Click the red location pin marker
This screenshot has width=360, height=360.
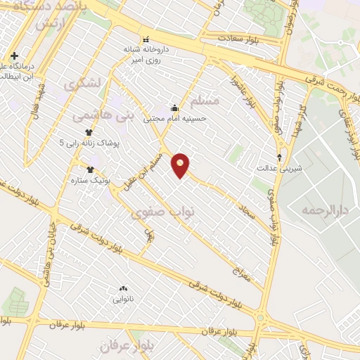(181, 165)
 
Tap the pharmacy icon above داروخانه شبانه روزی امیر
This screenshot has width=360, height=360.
(146, 39)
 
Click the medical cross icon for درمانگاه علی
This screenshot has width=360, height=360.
(14, 56)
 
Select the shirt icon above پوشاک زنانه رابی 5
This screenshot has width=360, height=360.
(89, 132)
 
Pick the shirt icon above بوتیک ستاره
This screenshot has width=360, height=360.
(90, 169)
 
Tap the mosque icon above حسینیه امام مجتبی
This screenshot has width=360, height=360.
(174, 108)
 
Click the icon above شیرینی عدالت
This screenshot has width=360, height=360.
(280, 157)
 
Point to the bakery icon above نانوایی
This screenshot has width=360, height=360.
(123, 288)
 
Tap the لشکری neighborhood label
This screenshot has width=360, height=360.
(84, 82)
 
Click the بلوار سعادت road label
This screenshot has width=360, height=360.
(239, 38)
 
